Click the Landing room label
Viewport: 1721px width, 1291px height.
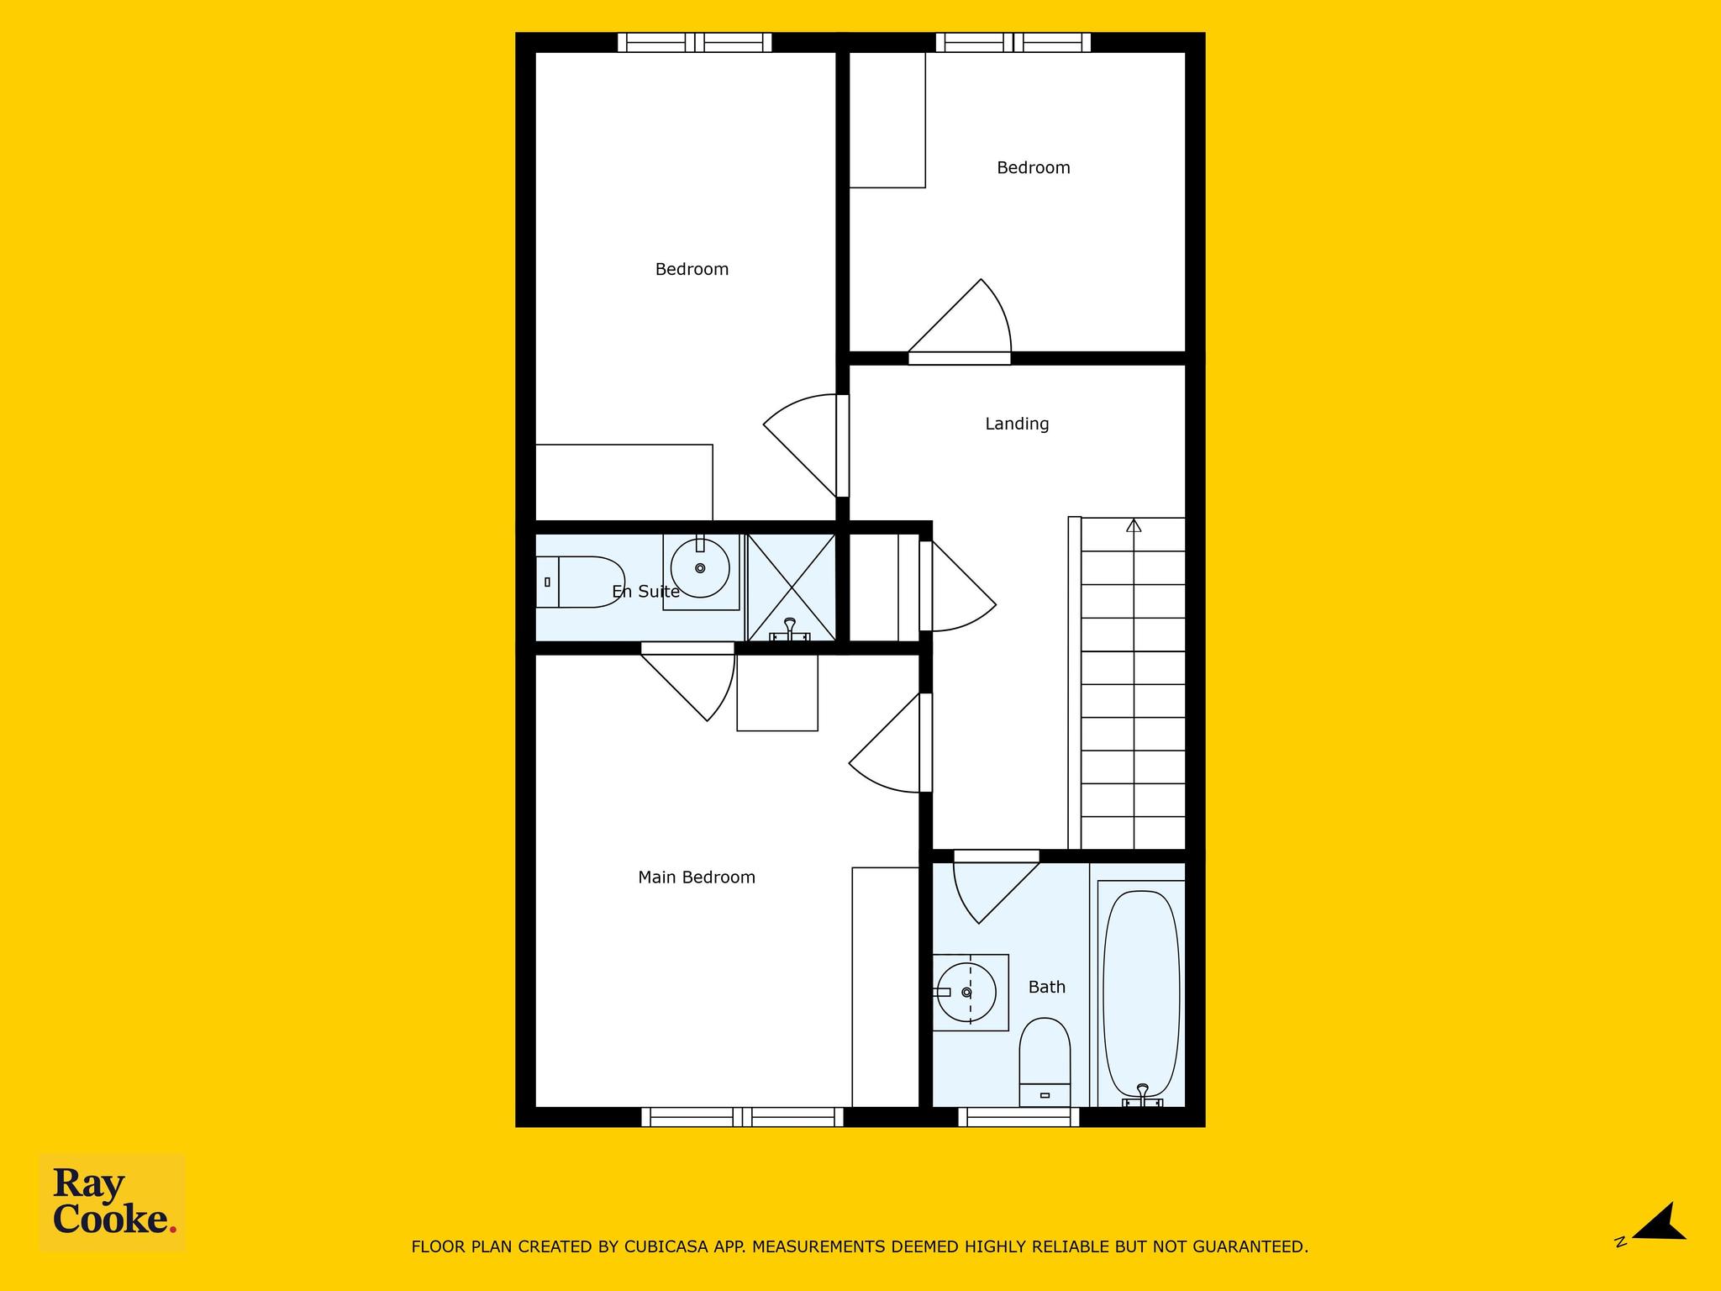[1017, 424]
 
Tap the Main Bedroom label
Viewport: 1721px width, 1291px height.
[697, 877]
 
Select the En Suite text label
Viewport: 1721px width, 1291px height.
[645, 592]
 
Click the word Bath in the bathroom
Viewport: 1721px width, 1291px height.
[1047, 987]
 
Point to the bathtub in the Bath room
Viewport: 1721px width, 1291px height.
[1141, 993]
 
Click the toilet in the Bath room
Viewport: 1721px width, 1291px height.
[1045, 1062]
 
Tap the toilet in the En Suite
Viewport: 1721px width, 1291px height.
[581, 582]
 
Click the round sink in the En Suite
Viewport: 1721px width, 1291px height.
[701, 569]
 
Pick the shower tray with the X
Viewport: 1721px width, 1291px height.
[791, 588]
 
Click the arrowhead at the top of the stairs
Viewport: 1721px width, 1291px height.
[1134, 525]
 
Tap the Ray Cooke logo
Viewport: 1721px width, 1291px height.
[113, 1204]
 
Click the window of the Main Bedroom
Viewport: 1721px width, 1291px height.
[742, 1117]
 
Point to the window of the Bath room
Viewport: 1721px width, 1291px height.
[1018, 1117]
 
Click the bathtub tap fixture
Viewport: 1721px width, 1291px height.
[1142, 1095]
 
